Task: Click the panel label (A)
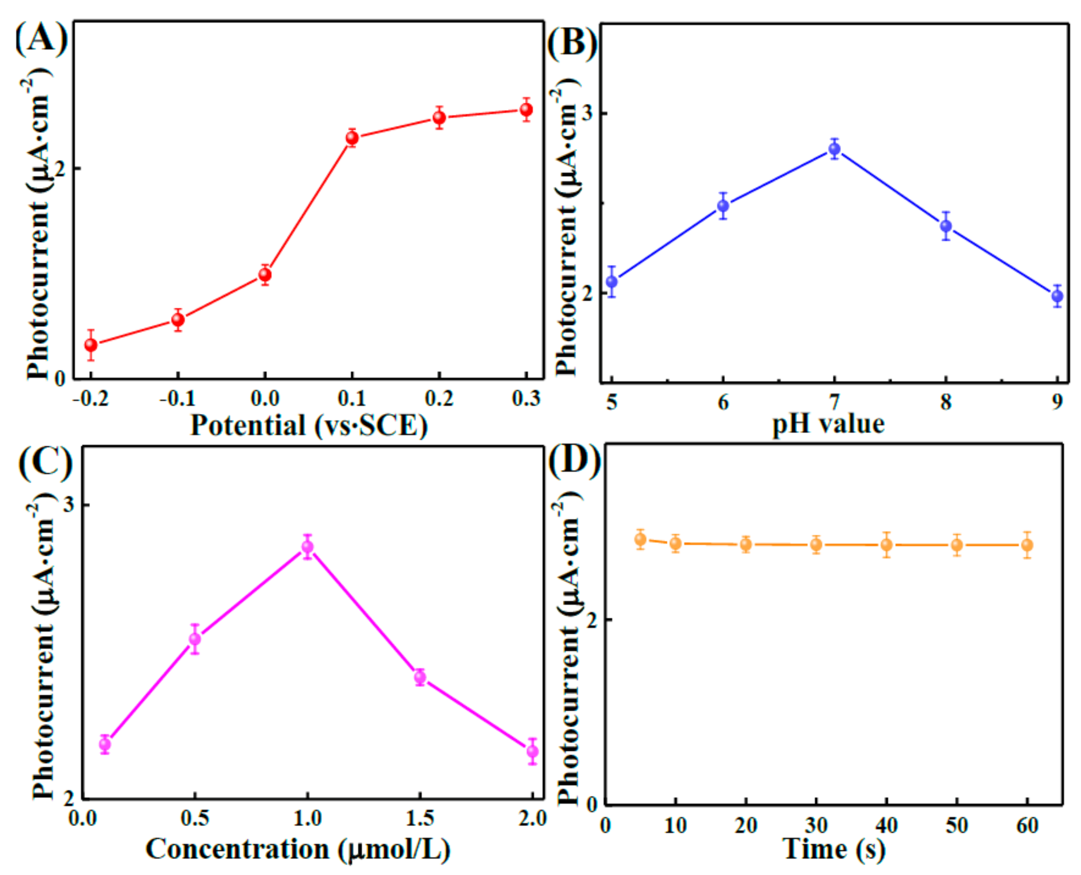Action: click(x=41, y=39)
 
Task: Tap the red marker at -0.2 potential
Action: click(x=91, y=345)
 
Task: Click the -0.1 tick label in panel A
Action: click(x=177, y=399)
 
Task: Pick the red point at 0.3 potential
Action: click(x=526, y=110)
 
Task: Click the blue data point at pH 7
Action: click(x=834, y=149)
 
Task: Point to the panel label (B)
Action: click(x=572, y=42)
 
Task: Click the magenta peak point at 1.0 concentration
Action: click(x=307, y=547)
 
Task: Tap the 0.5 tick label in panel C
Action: click(x=195, y=818)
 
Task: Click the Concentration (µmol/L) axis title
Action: click(x=297, y=849)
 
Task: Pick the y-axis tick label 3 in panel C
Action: click(x=69, y=505)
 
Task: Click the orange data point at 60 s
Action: click(x=1027, y=545)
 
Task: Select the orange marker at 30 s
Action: click(x=816, y=544)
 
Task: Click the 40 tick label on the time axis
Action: click(x=886, y=826)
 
